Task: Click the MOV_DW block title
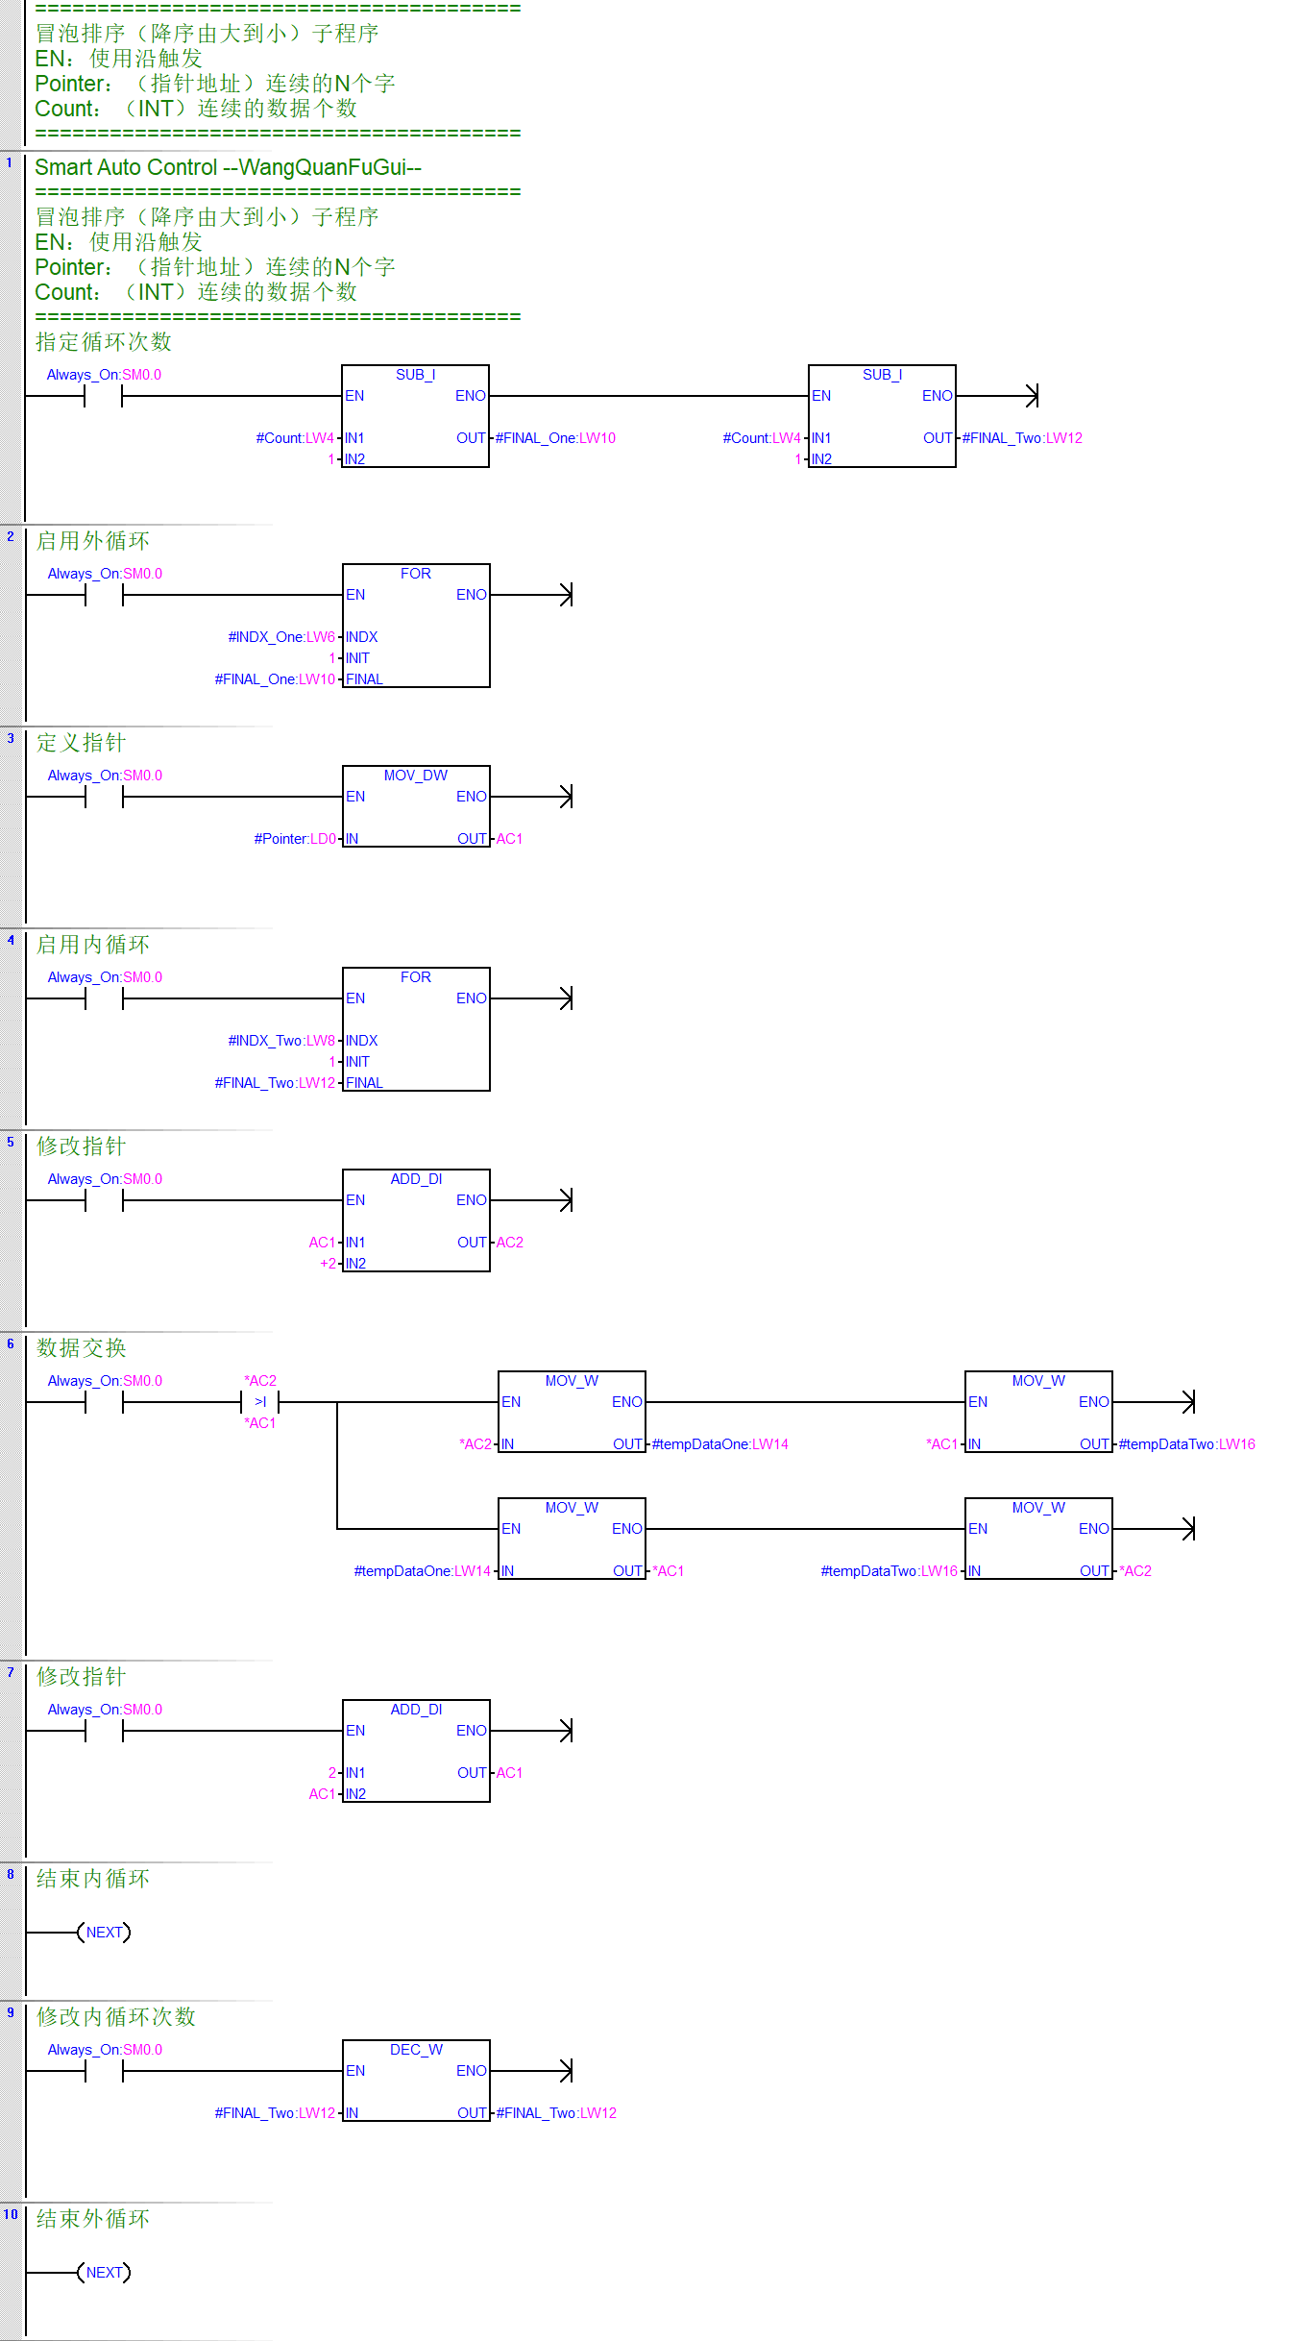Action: [x=416, y=776]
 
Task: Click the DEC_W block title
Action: [x=416, y=2050]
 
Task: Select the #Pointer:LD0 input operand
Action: [x=295, y=839]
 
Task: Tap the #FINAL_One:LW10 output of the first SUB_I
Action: [x=555, y=438]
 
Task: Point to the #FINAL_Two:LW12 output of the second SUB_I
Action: [x=1022, y=438]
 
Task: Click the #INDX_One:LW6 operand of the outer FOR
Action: [x=281, y=637]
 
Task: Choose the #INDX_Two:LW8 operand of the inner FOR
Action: [x=281, y=1041]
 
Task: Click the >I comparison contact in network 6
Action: [x=260, y=1402]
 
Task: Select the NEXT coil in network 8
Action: [x=104, y=1933]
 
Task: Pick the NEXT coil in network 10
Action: [x=104, y=2273]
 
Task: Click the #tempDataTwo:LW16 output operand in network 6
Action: [x=1186, y=1444]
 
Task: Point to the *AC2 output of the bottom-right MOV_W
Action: [x=1135, y=1571]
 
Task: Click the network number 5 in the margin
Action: [x=11, y=1143]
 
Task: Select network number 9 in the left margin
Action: [x=11, y=2013]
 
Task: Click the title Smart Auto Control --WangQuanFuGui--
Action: [x=228, y=167]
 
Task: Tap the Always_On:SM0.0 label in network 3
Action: [x=105, y=776]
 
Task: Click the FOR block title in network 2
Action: [x=416, y=574]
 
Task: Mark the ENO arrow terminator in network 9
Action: [x=568, y=2071]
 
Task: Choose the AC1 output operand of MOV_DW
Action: [x=509, y=839]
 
